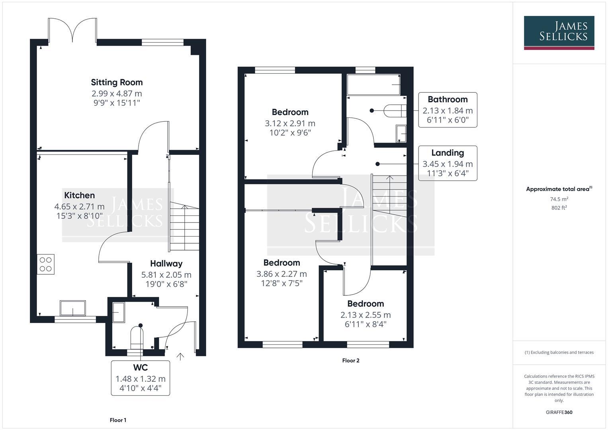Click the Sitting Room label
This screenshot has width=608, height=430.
pyautogui.click(x=117, y=82)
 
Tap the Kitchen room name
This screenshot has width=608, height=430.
pyautogui.click(x=80, y=195)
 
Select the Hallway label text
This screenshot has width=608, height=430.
pyautogui.click(x=166, y=263)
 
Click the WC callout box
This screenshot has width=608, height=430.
pyautogui.click(x=141, y=377)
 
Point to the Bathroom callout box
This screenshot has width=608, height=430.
pyautogui.click(x=448, y=110)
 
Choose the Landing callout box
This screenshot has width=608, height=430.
pyautogui.click(x=448, y=163)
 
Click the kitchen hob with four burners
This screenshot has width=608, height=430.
pyautogui.click(x=46, y=264)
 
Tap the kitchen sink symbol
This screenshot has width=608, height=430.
pyautogui.click(x=73, y=308)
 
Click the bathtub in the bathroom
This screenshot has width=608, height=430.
pyautogui.click(x=373, y=84)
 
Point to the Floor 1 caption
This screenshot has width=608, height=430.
pyautogui.click(x=118, y=420)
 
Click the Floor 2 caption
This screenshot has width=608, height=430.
pyautogui.click(x=351, y=361)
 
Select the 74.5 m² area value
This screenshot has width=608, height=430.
pyautogui.click(x=559, y=199)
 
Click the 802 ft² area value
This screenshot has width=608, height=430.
pyautogui.click(x=559, y=208)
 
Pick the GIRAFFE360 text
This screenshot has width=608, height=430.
pyautogui.click(x=559, y=412)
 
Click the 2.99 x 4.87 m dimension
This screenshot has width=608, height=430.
pyautogui.click(x=117, y=94)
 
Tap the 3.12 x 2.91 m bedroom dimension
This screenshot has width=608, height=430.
pyautogui.click(x=290, y=123)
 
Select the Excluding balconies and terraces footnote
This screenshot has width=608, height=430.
pyautogui.click(x=559, y=352)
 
